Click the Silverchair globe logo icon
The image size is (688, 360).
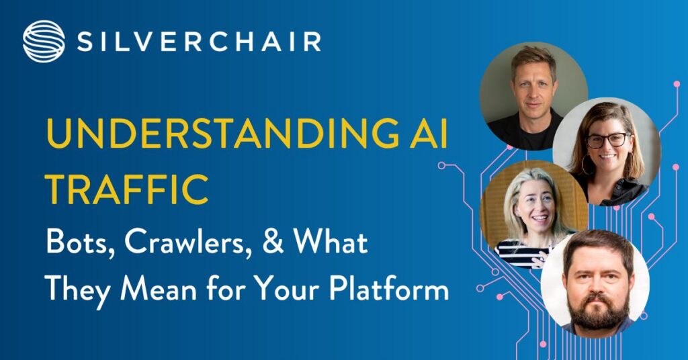point(44,41)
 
